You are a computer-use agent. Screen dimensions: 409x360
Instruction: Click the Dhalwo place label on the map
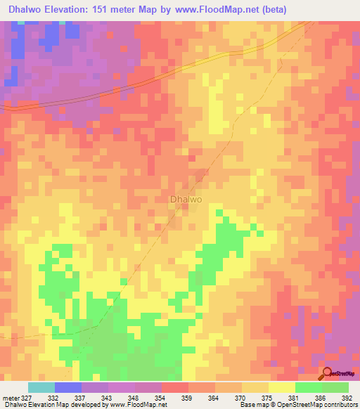186,200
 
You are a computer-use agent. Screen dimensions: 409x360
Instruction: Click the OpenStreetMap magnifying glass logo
328,374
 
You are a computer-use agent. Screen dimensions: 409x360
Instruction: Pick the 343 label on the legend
106,398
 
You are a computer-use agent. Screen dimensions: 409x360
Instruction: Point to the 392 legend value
347,398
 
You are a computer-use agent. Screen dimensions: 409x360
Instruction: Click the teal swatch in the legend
41,387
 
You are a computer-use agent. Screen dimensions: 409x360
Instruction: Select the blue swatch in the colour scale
68,387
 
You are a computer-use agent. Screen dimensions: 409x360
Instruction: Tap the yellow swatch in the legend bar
281,387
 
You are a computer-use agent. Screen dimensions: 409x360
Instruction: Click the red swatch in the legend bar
174,387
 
